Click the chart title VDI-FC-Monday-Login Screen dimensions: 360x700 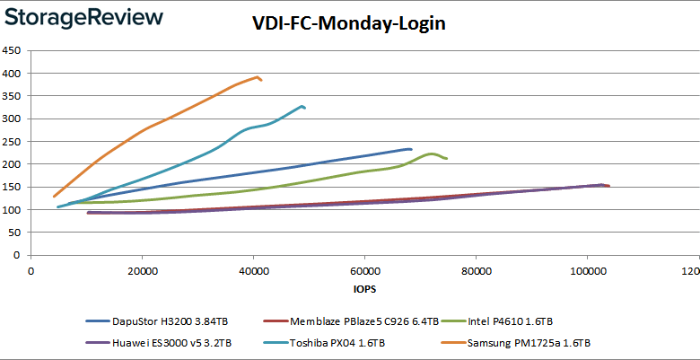point(349,23)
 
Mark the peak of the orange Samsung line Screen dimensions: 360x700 point(258,77)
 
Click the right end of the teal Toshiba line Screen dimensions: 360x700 point(305,108)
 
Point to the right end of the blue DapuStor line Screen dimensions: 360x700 point(411,149)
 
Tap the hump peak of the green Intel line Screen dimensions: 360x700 point(432,154)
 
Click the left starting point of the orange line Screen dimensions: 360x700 point(54,197)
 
